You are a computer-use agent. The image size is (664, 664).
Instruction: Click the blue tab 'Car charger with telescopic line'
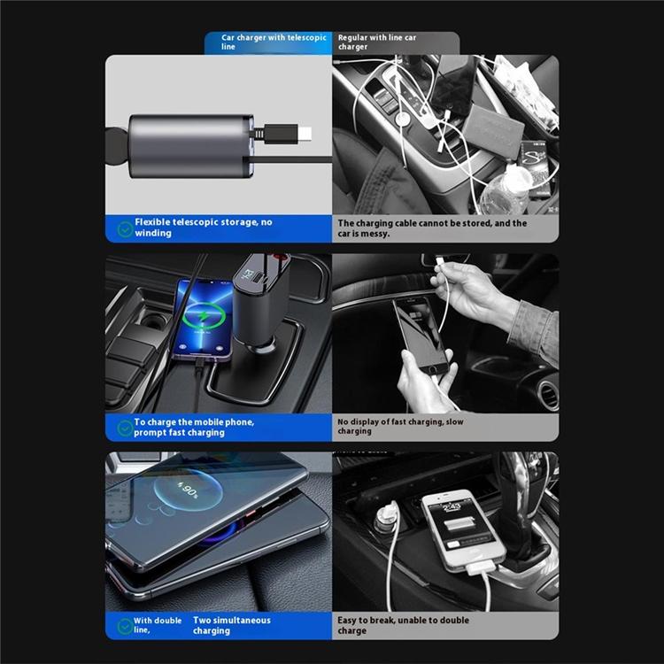pyautogui.click(x=268, y=42)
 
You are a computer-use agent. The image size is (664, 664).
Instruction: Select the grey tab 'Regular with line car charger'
pyautogui.click(x=396, y=42)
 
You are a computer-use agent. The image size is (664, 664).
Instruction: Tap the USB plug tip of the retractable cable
pyautogui.click(x=305, y=134)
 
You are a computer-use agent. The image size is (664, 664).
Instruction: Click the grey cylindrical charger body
pyautogui.click(x=191, y=146)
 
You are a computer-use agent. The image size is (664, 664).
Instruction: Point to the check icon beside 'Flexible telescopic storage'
pyautogui.click(x=125, y=229)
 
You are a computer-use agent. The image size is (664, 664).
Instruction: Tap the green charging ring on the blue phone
pyautogui.click(x=205, y=316)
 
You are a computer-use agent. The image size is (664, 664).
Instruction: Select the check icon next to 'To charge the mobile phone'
pyautogui.click(x=125, y=429)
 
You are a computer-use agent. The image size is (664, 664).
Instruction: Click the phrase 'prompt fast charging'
pyautogui.click(x=179, y=433)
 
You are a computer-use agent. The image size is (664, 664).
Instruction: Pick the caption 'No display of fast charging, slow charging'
pyautogui.click(x=400, y=427)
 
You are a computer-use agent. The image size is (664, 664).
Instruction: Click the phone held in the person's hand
pyautogui.click(x=420, y=334)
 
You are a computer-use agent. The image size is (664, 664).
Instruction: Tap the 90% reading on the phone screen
pyautogui.click(x=188, y=490)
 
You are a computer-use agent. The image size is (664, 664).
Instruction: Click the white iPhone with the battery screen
pyautogui.click(x=464, y=529)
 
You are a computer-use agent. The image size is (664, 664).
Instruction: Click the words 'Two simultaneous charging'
pyautogui.click(x=232, y=625)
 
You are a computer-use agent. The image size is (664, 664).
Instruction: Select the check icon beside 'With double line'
pyautogui.click(x=125, y=626)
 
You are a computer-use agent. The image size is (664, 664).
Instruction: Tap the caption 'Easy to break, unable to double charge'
pyautogui.click(x=403, y=625)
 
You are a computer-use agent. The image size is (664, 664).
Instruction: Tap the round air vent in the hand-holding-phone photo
pyautogui.click(x=549, y=396)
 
